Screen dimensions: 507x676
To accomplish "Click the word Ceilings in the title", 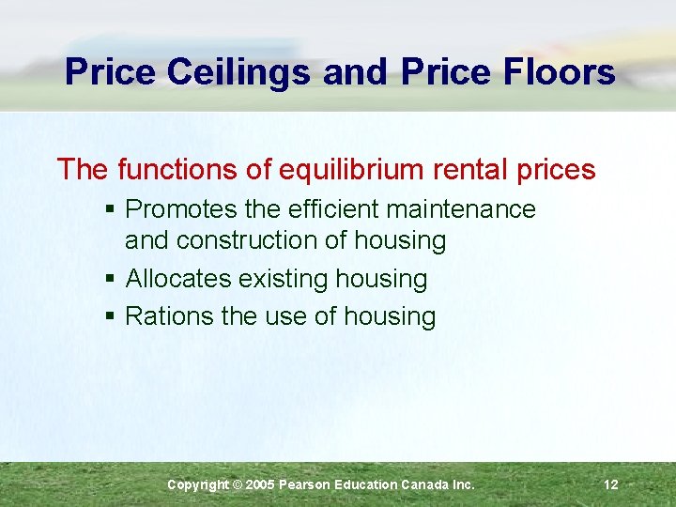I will tap(238, 72).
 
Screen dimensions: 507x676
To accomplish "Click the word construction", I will tap(247, 240).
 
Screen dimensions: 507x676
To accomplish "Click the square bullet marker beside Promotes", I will tap(110, 209).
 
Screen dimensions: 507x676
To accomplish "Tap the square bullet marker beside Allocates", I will tap(110, 279).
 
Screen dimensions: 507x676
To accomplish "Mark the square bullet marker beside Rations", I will tap(110, 316).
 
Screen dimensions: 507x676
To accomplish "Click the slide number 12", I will tap(611, 484).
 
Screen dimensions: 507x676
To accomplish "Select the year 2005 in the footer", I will tap(262, 484).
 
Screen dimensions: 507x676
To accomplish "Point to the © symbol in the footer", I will tap(237, 484).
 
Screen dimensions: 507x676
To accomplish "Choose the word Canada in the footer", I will tap(425, 484).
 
